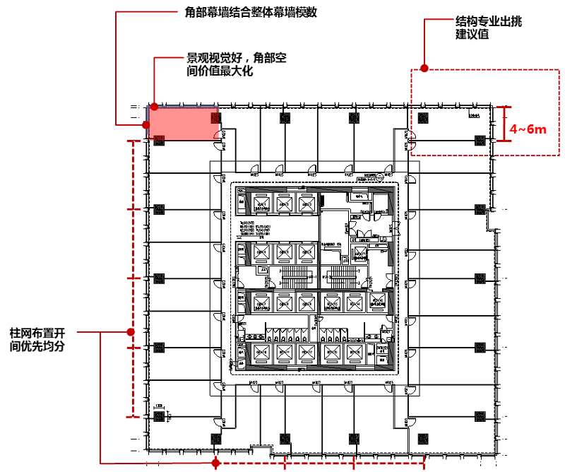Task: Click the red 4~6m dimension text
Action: [528, 129]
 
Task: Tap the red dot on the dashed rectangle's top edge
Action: [424, 69]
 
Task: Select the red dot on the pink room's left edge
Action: [146, 125]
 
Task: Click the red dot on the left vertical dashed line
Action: [131, 332]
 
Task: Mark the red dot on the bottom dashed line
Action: [217, 464]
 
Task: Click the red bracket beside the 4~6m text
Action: [503, 124]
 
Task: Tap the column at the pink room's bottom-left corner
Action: [158, 140]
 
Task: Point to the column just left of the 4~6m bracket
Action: [480, 139]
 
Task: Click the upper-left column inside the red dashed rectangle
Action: [423, 117]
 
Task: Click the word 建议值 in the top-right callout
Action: [472, 35]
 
